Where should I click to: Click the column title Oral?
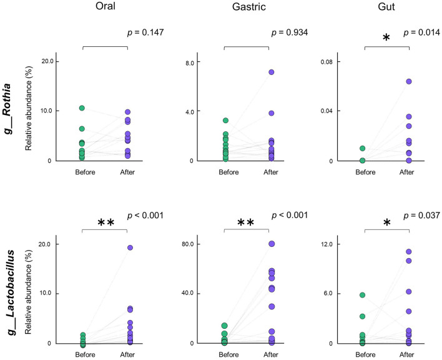[106, 6]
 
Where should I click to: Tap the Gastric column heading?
[249, 6]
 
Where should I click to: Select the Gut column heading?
[386, 6]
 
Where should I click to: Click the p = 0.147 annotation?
[145, 32]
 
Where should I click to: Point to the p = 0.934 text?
[290, 32]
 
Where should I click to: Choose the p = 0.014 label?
[421, 32]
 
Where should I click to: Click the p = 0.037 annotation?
[421, 216]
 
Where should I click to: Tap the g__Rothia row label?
[7, 109]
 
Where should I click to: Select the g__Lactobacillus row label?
[10, 292]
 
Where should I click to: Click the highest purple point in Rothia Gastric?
[272, 72]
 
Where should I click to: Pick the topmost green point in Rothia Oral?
[82, 108]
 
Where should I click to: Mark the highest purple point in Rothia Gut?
[409, 81]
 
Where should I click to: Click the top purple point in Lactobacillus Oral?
[130, 247]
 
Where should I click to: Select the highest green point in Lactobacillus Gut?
[363, 295]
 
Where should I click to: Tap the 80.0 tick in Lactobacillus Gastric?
[188, 244]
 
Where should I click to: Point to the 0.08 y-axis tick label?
[327, 61]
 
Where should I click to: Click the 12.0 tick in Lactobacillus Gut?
[327, 244]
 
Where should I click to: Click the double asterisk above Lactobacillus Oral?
[106, 222]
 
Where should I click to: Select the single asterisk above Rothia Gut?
[386, 37]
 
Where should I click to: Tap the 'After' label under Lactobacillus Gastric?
[271, 354]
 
